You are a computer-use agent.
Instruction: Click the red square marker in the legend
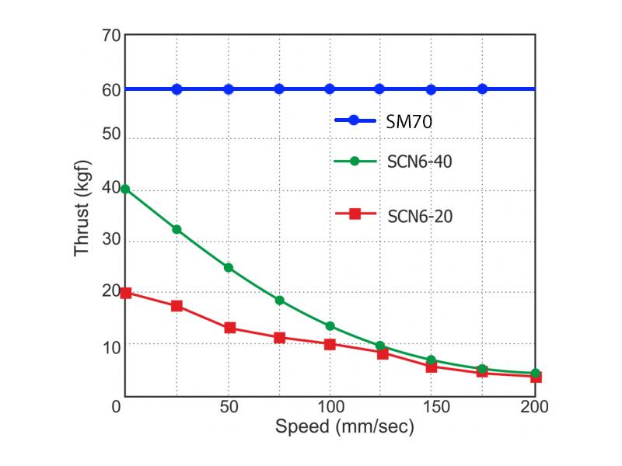click(x=354, y=214)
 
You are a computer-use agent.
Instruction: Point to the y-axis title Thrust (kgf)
click(x=83, y=208)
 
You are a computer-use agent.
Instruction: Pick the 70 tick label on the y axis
click(x=110, y=37)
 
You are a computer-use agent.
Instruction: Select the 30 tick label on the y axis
click(x=110, y=242)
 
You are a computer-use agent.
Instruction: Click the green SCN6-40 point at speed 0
click(x=125, y=189)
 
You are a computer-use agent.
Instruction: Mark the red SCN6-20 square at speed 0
click(x=126, y=293)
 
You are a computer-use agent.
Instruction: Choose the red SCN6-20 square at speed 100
click(x=330, y=344)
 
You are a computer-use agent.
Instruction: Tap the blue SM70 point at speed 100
click(x=330, y=89)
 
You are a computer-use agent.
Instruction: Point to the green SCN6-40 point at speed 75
click(x=279, y=300)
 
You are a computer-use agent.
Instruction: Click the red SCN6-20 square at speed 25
click(x=176, y=306)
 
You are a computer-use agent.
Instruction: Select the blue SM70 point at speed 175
click(x=482, y=89)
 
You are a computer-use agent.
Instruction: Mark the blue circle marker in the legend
click(x=354, y=120)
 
